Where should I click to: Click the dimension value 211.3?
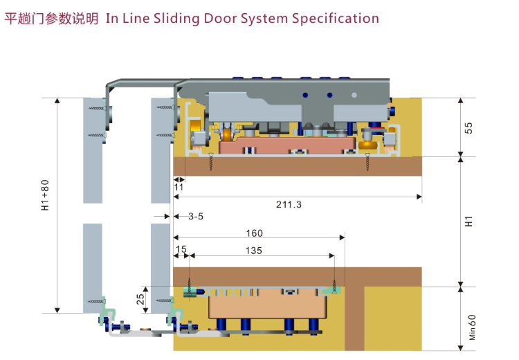[x=289, y=204]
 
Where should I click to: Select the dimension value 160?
[x=254, y=233]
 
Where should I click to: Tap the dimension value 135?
[x=253, y=251]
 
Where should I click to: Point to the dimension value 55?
[x=468, y=128]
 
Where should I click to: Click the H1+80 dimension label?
[x=45, y=195]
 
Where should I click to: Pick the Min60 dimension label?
[x=472, y=327]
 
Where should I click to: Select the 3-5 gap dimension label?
[x=196, y=216]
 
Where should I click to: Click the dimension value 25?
[x=140, y=299]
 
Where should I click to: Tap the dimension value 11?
[x=179, y=187]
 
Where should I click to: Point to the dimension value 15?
[x=181, y=249]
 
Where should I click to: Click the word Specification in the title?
[x=336, y=19]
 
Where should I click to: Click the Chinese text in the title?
[x=51, y=19]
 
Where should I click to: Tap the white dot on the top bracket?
[x=354, y=95]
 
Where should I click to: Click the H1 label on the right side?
[x=468, y=222]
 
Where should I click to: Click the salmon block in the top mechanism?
[x=286, y=145]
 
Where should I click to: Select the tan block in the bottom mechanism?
[x=267, y=306]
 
